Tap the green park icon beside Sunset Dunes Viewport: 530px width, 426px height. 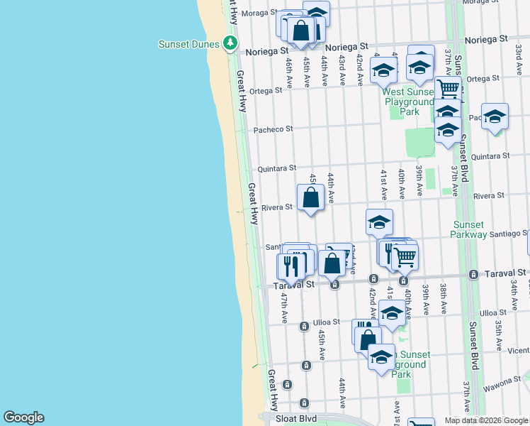tap(230, 43)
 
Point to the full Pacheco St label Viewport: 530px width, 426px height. tap(274, 129)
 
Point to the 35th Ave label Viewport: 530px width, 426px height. tap(498, 329)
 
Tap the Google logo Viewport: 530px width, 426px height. tap(23, 417)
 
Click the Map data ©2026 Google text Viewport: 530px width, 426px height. tap(486, 420)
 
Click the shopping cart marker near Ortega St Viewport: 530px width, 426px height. tap(449, 89)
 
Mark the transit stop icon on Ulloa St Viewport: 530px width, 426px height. tap(303, 326)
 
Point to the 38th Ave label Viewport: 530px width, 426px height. tap(443, 294)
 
